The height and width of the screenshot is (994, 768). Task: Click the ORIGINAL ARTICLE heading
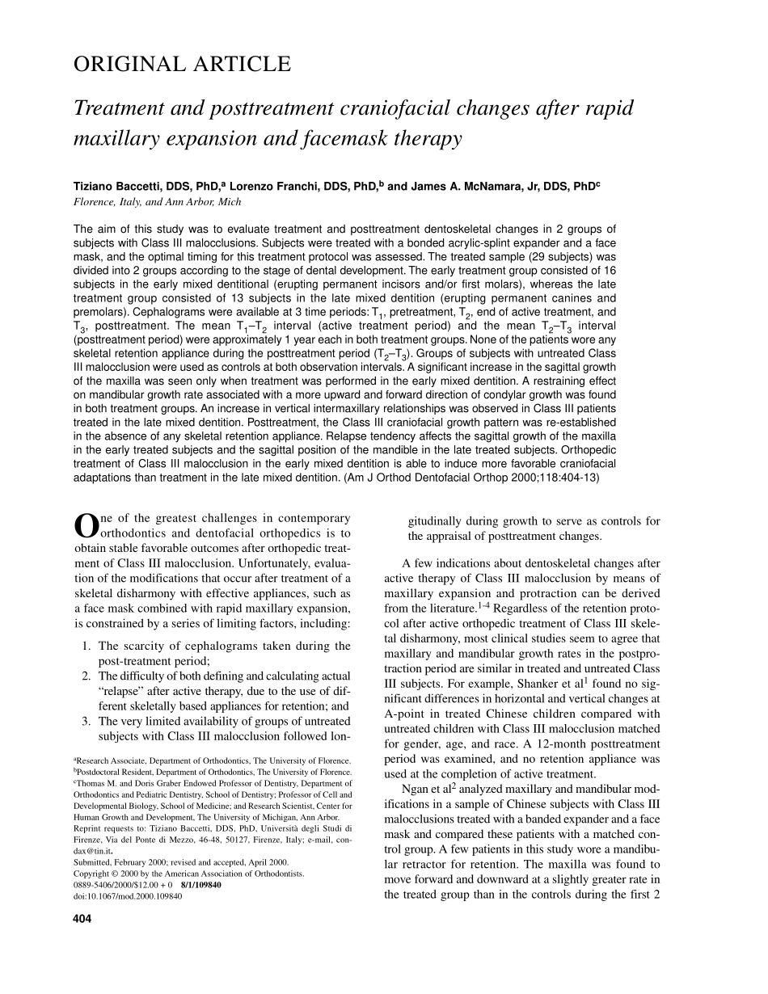pos(182,64)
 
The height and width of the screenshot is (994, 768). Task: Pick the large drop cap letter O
pos(85,526)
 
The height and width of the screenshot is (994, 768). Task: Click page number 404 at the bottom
pos(82,919)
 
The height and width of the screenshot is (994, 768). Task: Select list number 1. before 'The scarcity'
pos(87,646)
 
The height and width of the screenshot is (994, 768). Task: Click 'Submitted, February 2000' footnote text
pos(121,862)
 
